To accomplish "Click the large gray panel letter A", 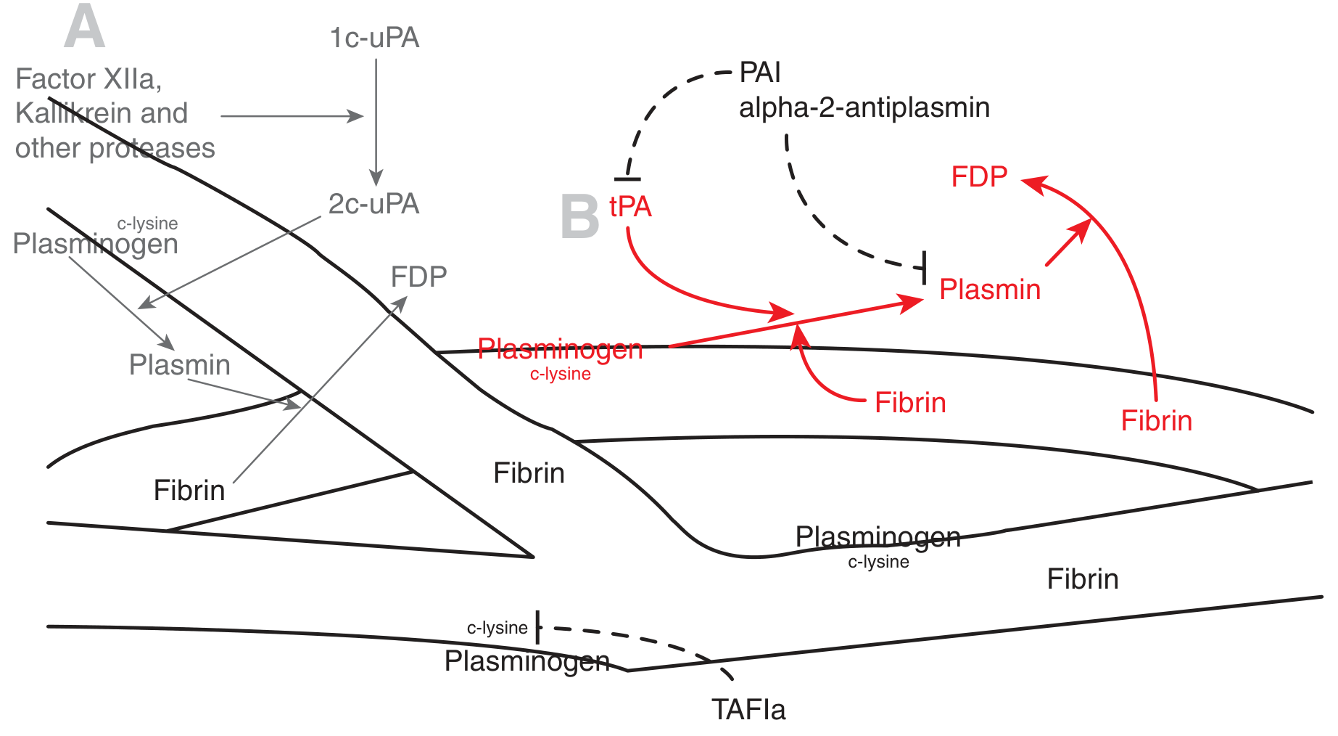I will (x=84, y=28).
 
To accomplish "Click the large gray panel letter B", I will (x=579, y=216).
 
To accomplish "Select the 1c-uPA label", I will (x=374, y=38).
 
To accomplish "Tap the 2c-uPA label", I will (x=373, y=204).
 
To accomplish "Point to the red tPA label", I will (x=630, y=207).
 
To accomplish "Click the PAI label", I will (x=760, y=73).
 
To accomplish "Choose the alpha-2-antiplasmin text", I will (x=864, y=107).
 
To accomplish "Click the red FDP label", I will (x=979, y=177).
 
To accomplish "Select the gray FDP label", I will (x=418, y=277).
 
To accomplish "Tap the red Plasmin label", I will (x=990, y=290).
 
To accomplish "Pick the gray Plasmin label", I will (x=179, y=364).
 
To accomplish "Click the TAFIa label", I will (x=748, y=709).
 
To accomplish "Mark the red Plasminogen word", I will (x=560, y=349).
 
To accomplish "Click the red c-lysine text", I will (x=560, y=374).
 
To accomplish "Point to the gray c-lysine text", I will (x=147, y=224).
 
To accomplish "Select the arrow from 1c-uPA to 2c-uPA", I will (x=376, y=120).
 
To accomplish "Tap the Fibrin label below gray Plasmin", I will (x=189, y=491).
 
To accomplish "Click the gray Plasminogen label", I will (x=95, y=244).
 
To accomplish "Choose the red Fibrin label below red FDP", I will (x=1156, y=421).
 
